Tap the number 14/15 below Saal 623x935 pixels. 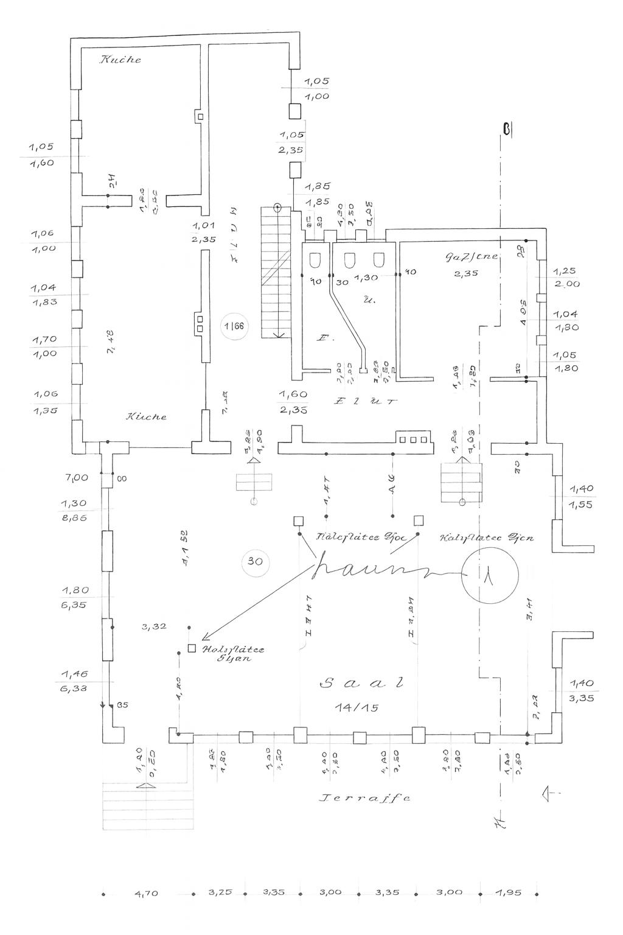[357, 707]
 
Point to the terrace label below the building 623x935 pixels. [364, 797]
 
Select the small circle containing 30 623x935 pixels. [255, 561]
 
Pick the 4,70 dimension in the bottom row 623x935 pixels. [145, 894]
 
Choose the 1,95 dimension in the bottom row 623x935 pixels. [509, 894]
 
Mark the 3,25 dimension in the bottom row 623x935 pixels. [220, 894]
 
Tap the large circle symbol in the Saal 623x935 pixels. [489, 575]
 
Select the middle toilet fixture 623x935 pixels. [349, 261]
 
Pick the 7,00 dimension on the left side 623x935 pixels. [77, 478]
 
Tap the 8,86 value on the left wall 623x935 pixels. [74, 517]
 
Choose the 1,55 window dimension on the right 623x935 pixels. [582, 505]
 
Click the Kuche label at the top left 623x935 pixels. [120, 60]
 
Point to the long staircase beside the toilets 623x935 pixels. [276, 271]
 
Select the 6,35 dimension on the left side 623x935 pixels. [75, 605]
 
